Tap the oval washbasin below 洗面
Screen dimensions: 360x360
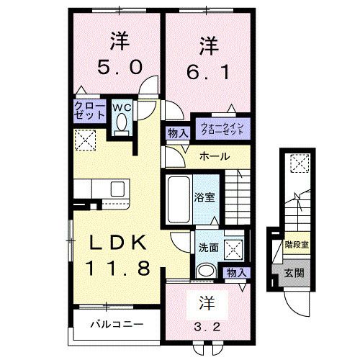pyautogui.click(x=206, y=271)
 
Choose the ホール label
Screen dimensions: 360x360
pyautogui.click(x=215, y=156)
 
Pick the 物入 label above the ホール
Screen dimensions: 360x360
pyautogui.click(x=178, y=132)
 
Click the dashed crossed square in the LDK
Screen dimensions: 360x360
pyautogui.click(x=86, y=140)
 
